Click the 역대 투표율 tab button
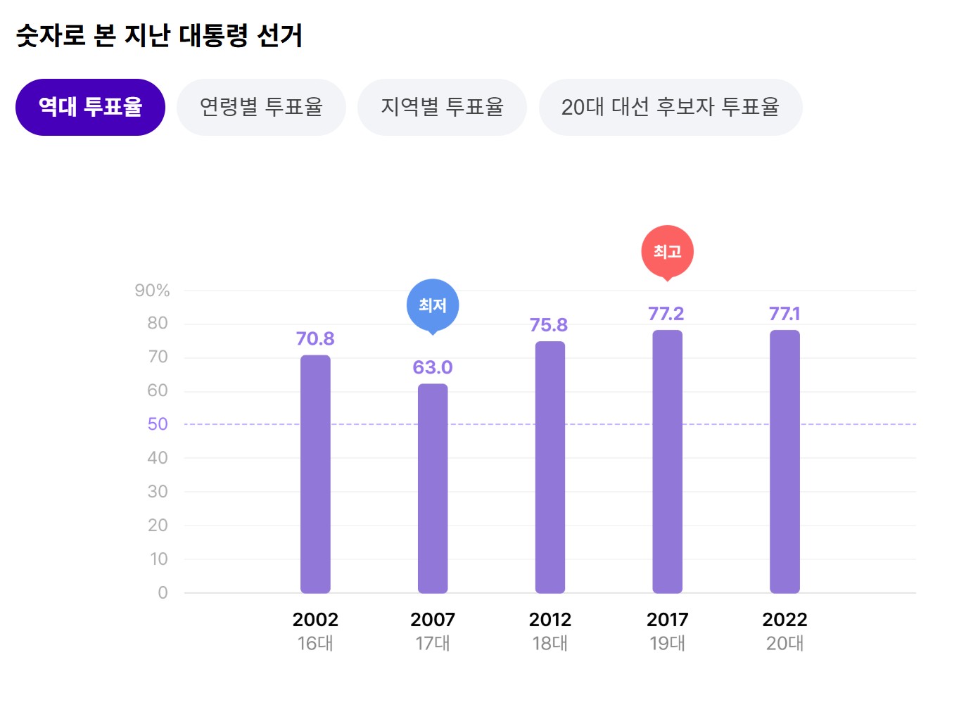[x=90, y=107]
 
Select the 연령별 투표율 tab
[x=261, y=107]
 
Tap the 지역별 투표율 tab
[x=442, y=107]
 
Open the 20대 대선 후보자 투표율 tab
[x=670, y=107]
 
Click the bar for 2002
[x=315, y=474]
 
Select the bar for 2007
[x=433, y=488]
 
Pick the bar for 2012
[x=550, y=467]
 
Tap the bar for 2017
[x=667, y=462]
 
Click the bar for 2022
[x=785, y=462]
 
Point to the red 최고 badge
[x=667, y=251]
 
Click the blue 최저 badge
[x=433, y=305]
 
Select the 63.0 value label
[x=433, y=367]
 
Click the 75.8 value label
[x=549, y=325]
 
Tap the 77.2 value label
[x=666, y=314]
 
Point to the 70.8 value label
[x=315, y=339]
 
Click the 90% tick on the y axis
[x=152, y=291]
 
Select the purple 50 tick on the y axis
[x=158, y=424]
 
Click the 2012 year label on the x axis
[x=550, y=620]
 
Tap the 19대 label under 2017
[x=667, y=644]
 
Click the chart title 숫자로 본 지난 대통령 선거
[x=159, y=35]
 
